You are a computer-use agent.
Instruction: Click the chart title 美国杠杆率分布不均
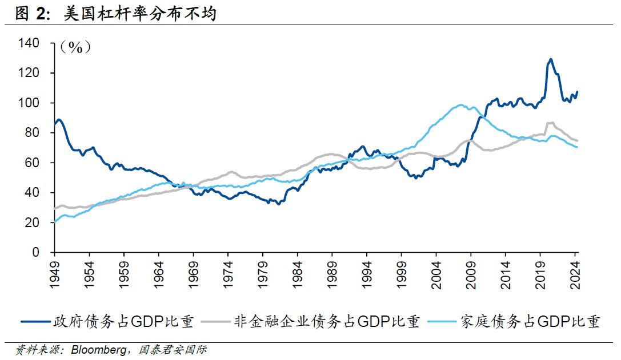tap(143, 13)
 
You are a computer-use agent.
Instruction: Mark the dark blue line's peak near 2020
tap(550, 59)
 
